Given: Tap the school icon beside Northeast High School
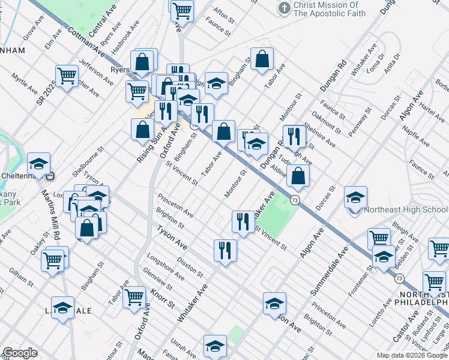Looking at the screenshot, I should coord(355,197).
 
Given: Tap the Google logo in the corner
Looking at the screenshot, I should coord(20,353).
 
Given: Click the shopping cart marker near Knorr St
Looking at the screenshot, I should coord(134,296).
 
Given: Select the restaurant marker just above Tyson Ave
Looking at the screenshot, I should coord(225,249).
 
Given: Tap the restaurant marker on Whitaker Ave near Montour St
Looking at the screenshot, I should coord(243,220).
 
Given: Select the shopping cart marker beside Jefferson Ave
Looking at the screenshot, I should coord(67,75).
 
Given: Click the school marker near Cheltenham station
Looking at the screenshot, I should coord(38,163).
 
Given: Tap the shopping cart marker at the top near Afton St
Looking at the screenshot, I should coord(182,10).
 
